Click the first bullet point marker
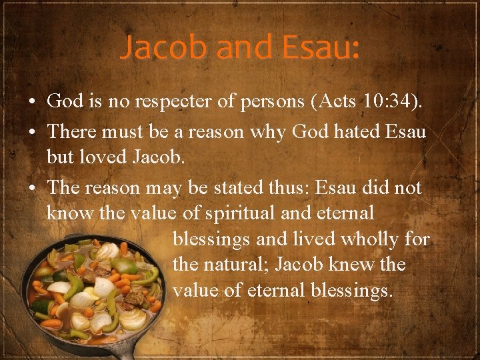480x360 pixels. coord(32,102)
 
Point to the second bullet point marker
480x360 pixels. coord(32,132)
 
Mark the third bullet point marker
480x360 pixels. coord(32,189)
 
